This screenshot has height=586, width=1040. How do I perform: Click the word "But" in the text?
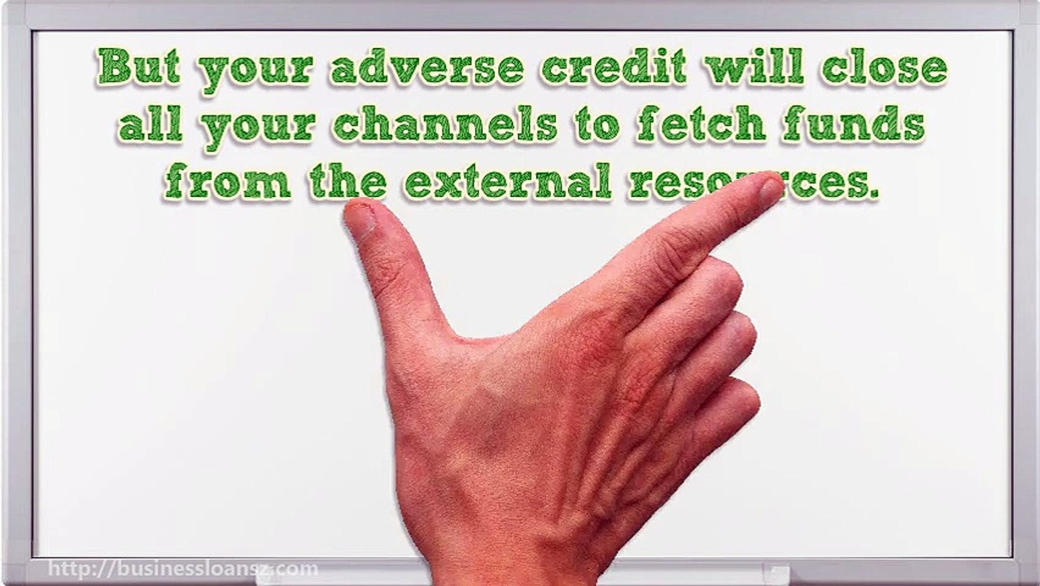coord(139,68)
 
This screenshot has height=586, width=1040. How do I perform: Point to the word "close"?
coord(884,68)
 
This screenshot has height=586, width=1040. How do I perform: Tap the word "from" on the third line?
coord(227,182)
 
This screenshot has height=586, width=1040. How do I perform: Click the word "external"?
coord(508,182)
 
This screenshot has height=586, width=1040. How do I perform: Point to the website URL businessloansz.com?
coord(182,569)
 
